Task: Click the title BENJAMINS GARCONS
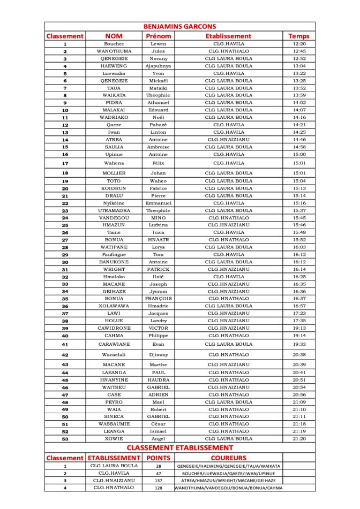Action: tap(179, 26)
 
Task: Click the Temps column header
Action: tap(298, 36)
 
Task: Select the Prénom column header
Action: tap(158, 36)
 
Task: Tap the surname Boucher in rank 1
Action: tap(114, 44)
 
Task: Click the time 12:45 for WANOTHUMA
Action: tap(299, 51)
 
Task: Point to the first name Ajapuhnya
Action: tap(158, 66)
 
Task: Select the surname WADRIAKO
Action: tap(114, 117)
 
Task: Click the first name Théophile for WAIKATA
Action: tap(158, 95)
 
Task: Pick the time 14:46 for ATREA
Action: tap(299, 139)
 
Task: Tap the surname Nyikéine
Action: tap(114, 203)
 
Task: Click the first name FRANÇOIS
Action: tap(158, 299)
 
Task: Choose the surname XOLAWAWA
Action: tap(114, 306)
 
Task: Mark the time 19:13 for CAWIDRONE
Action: tap(299, 328)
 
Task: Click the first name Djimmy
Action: tap(158, 355)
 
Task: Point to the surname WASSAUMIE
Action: tap(114, 424)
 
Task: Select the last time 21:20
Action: tap(299, 439)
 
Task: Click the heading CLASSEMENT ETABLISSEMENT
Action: tap(179, 447)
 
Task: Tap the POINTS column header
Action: tap(158, 458)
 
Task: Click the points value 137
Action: tap(158, 481)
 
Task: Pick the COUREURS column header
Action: tap(228, 458)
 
